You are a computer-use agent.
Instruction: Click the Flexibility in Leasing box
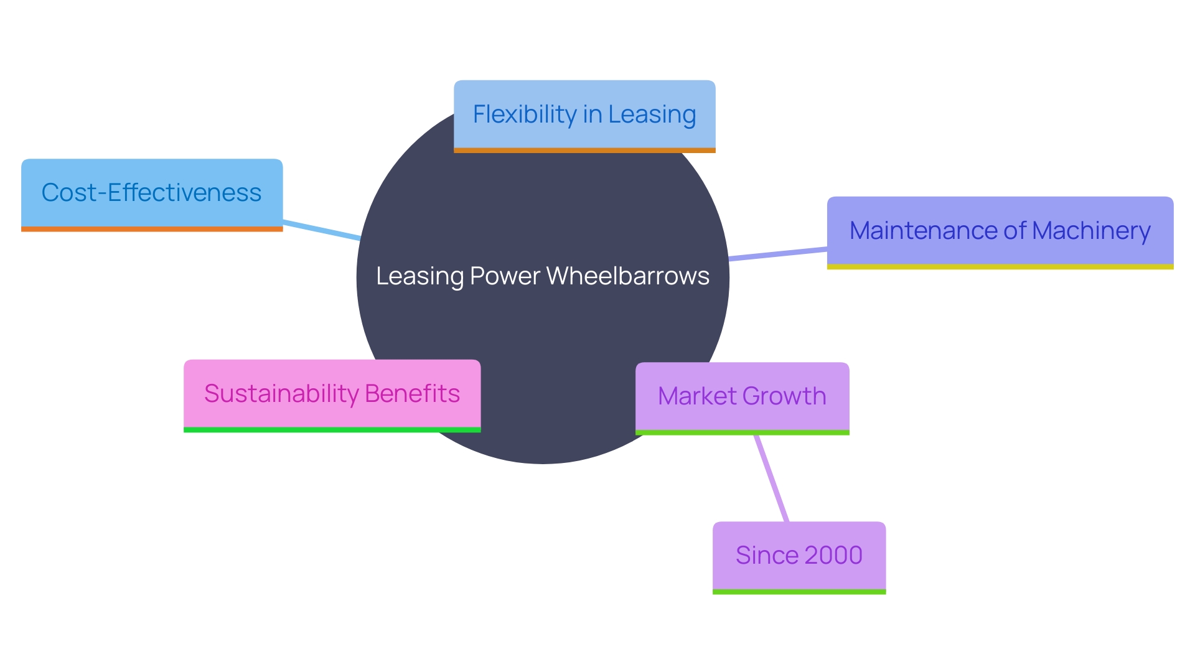click(x=584, y=114)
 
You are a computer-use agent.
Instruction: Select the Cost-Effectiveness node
click(x=152, y=193)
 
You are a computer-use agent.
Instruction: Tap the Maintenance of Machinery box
click(x=1000, y=231)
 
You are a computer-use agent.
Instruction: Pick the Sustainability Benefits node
click(x=332, y=394)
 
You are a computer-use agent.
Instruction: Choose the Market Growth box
click(x=742, y=396)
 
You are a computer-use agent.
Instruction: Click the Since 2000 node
click(x=799, y=556)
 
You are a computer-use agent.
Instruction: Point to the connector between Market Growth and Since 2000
click(x=772, y=478)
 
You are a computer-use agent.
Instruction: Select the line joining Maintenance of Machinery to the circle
click(x=778, y=253)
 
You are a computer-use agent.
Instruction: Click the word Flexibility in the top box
click(x=525, y=114)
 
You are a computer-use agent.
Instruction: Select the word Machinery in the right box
click(x=1091, y=231)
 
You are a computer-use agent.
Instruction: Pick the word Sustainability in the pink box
click(x=281, y=394)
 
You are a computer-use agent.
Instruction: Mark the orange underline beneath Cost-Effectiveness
click(x=152, y=229)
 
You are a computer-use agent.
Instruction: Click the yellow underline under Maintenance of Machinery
click(x=1000, y=267)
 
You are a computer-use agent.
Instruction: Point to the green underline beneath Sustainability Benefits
click(x=332, y=430)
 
